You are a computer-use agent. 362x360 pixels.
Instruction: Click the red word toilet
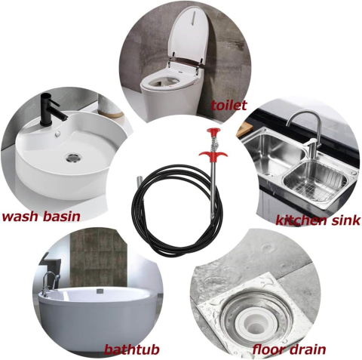(229, 106)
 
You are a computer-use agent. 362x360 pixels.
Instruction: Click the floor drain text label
(289, 349)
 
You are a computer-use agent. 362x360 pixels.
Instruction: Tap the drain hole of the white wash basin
(75, 157)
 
